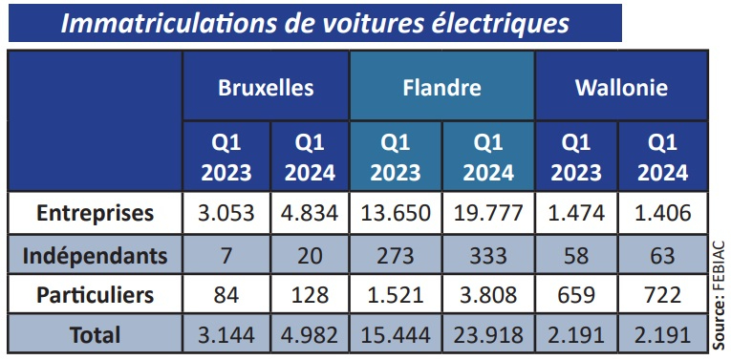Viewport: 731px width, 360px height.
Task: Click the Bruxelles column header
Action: click(266, 89)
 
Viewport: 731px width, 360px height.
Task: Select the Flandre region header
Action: click(441, 89)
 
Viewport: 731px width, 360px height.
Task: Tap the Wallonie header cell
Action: click(621, 89)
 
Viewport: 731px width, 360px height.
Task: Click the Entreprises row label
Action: click(95, 213)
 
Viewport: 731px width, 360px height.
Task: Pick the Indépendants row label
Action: click(95, 255)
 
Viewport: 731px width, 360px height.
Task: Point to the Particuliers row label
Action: click(95, 295)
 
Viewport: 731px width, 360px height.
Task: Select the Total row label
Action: click(95, 335)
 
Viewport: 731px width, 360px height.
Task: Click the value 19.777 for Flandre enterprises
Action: click(488, 213)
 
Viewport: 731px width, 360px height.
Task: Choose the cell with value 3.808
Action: click(488, 295)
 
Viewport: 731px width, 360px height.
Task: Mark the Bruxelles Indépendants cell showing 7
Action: click(226, 255)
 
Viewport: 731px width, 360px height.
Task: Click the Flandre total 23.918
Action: click(488, 335)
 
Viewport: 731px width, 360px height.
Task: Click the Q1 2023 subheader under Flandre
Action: click(395, 158)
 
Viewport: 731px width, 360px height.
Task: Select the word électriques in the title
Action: click(497, 22)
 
